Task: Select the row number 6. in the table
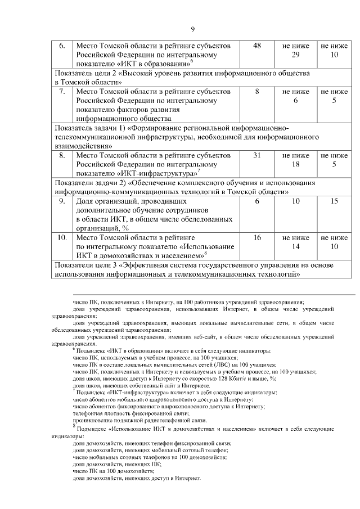63,46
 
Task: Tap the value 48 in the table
257,46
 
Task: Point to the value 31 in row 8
257,155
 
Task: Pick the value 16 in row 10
257,238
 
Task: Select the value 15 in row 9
334,201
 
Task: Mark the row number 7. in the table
63,91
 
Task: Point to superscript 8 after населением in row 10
206,254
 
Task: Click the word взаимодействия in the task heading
80,145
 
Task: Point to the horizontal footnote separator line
214,294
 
